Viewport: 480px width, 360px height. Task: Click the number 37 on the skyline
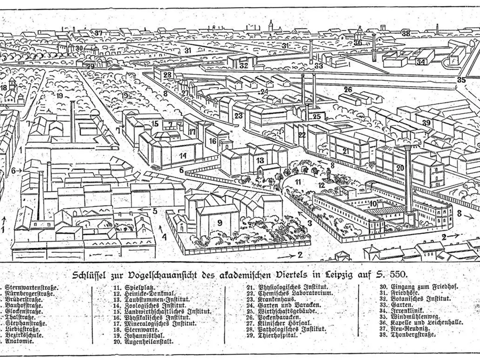coord(98,33)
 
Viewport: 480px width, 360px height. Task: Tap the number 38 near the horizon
coord(406,33)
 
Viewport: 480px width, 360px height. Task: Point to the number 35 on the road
coord(461,79)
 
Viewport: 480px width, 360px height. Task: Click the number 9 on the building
coord(219,223)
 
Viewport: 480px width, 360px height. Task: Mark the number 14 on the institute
coord(183,155)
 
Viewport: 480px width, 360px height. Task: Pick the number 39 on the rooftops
coord(426,123)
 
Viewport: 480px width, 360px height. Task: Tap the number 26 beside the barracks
coord(348,89)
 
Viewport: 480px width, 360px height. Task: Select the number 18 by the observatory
coord(4,88)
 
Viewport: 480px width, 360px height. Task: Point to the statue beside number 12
coord(329,174)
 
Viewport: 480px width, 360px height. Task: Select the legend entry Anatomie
coord(19,341)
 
